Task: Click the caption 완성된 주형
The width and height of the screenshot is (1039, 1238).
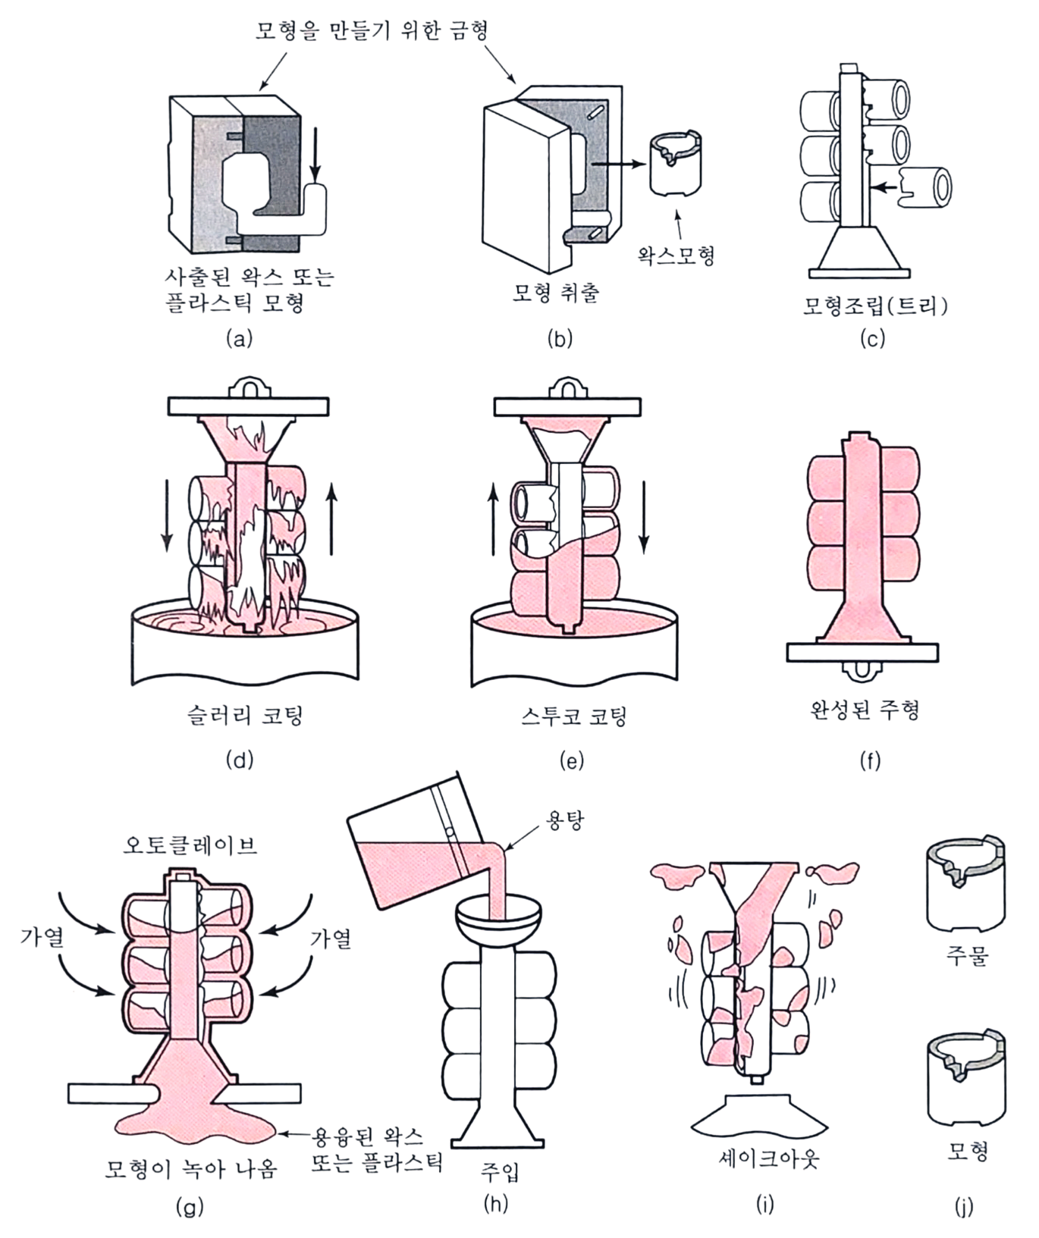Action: point(865,710)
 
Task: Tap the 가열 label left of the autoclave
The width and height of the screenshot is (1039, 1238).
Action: point(42,938)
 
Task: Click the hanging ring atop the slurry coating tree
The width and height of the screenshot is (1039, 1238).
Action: point(248,386)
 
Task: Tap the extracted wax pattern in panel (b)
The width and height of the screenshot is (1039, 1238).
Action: point(676,165)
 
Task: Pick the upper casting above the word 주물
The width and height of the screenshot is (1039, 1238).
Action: point(966,884)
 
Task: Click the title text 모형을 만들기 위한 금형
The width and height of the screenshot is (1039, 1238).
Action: point(371,30)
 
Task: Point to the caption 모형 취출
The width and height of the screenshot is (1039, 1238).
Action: point(556,293)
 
